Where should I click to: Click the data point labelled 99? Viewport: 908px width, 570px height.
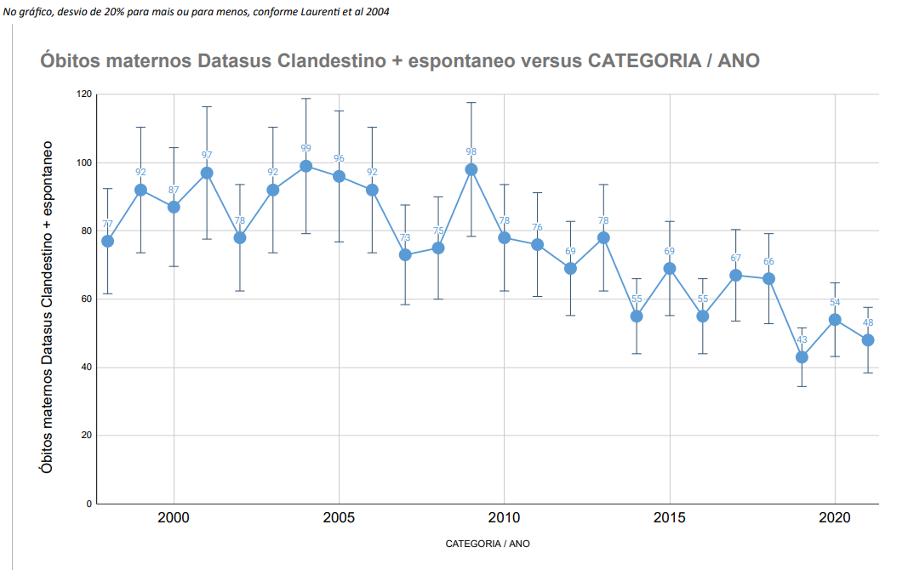click(306, 166)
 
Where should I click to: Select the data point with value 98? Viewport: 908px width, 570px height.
click(471, 169)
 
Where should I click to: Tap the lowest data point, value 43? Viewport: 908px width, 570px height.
click(802, 357)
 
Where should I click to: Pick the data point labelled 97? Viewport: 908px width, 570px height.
click(207, 173)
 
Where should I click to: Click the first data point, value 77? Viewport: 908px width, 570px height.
click(108, 241)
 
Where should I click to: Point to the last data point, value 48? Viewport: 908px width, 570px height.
click(868, 340)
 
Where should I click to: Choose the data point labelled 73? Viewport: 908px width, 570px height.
click(405, 254)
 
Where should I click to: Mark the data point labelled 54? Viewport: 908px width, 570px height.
click(835, 320)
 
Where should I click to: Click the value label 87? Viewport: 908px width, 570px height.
click(174, 190)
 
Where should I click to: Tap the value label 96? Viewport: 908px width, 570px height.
click(339, 159)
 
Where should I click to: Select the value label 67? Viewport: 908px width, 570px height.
click(735, 258)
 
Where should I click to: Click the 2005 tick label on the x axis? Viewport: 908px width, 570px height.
click(339, 518)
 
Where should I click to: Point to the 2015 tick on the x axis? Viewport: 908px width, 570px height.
click(670, 518)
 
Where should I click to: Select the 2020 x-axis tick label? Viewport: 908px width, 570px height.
click(835, 518)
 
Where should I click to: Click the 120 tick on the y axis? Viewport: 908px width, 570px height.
click(83, 94)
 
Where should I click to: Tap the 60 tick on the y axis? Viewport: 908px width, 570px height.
click(86, 299)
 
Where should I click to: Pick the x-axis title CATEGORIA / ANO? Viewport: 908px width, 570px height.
click(487, 543)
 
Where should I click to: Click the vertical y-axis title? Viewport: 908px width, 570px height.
click(48, 307)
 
